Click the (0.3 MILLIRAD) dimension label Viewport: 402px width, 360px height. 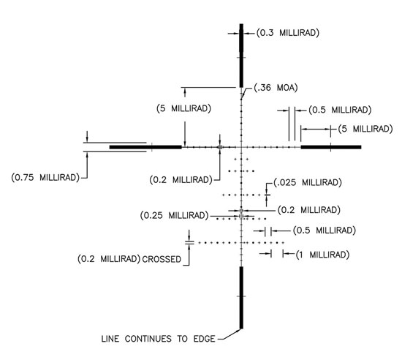point(288,33)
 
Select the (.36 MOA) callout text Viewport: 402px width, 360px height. point(276,88)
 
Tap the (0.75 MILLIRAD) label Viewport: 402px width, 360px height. point(45,177)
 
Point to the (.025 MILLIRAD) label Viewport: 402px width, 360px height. point(308,182)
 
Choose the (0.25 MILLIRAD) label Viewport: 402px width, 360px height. point(175,215)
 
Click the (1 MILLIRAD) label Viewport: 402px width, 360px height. point(322,255)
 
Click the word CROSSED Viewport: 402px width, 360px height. point(162,259)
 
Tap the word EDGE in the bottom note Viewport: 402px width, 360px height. point(204,339)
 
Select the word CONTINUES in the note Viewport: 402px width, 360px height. point(148,339)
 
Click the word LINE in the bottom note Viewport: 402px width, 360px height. point(110,339)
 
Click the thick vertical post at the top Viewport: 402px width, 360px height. point(241,56)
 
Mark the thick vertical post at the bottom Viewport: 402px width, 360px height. point(241,298)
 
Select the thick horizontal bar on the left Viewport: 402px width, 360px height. point(145,147)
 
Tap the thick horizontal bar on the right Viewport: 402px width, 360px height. point(331,147)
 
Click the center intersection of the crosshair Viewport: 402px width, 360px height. point(241,147)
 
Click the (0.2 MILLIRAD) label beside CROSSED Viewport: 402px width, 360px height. point(109,258)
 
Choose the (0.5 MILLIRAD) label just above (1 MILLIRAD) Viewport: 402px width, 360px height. point(325,230)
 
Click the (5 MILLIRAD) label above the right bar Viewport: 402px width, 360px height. point(365,129)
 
